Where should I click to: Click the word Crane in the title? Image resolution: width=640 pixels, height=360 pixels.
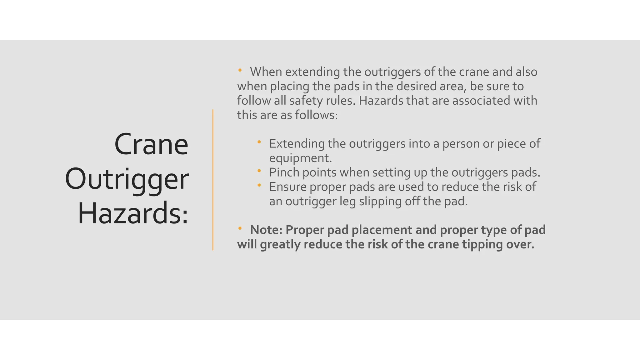pos(151,145)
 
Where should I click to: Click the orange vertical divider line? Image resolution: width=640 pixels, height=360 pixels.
pos(213,180)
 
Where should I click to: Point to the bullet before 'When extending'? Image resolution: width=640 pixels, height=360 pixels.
pos(240,70)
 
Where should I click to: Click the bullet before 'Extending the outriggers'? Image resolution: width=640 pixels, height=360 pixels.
pos(259,142)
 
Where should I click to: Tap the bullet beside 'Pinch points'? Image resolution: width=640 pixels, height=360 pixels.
pos(259,171)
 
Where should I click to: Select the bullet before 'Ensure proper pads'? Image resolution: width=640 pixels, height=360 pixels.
pos(259,185)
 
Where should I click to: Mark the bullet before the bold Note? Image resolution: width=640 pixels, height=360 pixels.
pos(240,228)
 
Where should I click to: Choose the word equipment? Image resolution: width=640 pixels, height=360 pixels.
pos(300,158)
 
